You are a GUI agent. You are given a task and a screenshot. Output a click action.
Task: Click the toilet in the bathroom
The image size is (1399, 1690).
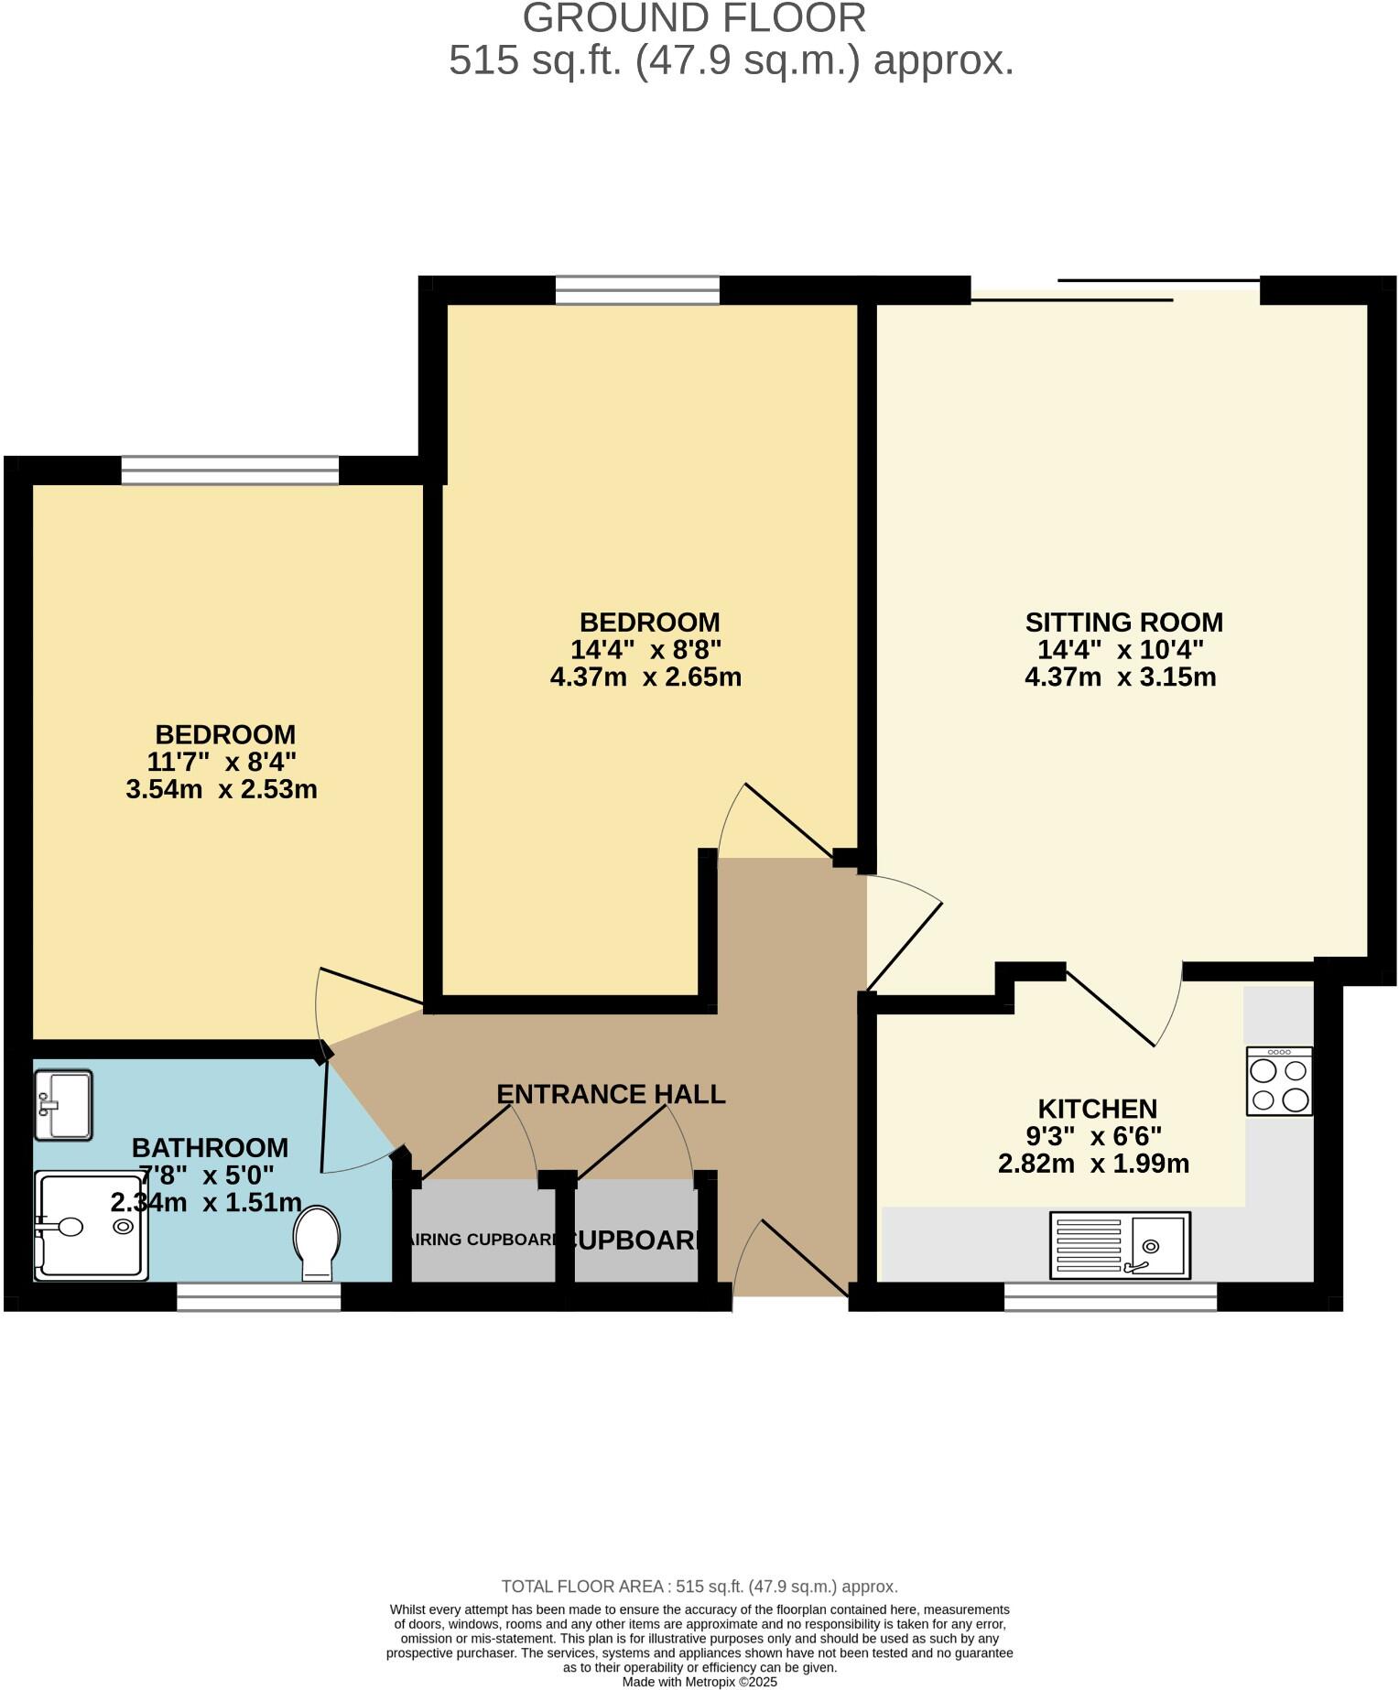click(317, 1243)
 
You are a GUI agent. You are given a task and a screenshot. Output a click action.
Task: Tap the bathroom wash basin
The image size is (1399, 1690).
click(62, 1105)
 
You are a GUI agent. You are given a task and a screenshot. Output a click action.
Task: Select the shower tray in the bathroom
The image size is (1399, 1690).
click(92, 1227)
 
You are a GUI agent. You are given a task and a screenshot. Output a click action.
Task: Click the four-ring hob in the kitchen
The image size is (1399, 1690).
click(1279, 1082)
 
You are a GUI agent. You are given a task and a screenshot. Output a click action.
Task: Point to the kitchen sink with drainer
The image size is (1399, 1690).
click(1120, 1245)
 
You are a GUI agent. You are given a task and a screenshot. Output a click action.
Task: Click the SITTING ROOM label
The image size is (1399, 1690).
click(1123, 623)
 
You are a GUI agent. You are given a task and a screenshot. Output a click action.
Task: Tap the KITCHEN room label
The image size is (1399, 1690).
click(1097, 1109)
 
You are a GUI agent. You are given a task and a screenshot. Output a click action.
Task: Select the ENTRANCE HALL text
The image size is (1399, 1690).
click(611, 1094)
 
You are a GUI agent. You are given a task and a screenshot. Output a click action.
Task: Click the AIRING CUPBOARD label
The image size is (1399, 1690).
click(482, 1240)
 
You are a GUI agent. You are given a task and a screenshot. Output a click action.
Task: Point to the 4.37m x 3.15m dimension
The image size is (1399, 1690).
click(1120, 677)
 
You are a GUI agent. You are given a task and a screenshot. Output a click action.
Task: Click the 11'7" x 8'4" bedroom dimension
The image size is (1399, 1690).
click(222, 762)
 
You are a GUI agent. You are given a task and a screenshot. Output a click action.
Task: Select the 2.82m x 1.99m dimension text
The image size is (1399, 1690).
click(1093, 1164)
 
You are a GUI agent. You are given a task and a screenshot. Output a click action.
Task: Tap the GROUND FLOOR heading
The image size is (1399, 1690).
click(694, 18)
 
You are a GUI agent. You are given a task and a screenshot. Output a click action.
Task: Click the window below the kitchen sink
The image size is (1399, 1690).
click(1110, 1297)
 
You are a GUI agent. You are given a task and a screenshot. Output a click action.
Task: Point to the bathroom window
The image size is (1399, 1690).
click(258, 1297)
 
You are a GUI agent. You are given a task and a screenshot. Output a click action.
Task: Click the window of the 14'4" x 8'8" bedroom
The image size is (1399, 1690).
click(637, 290)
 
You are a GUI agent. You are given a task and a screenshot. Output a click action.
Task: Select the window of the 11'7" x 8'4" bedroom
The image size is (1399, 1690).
click(230, 471)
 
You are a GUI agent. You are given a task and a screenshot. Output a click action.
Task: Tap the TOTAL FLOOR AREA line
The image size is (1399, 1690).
click(699, 1587)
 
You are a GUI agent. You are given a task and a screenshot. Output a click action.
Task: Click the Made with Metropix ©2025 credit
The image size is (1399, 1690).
click(699, 1682)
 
